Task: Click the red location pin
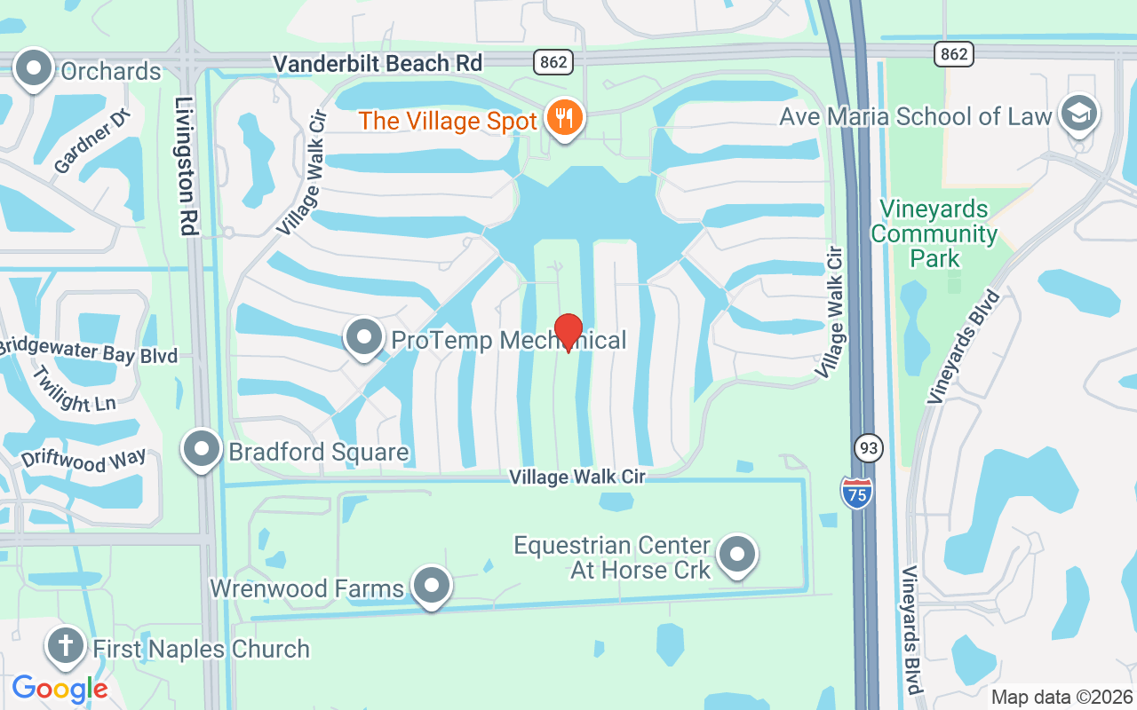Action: point(568,331)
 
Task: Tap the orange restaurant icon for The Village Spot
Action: point(563,117)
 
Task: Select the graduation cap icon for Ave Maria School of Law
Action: point(1079,114)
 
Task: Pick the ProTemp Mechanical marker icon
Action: point(363,338)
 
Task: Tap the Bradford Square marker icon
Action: point(202,450)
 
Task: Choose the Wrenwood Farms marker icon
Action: point(433,587)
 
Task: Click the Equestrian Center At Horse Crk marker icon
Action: point(736,555)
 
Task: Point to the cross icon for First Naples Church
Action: point(66,646)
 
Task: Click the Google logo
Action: point(60,688)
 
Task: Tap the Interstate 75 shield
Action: point(856,492)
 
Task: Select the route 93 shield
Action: point(869,448)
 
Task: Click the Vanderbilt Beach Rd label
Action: point(378,64)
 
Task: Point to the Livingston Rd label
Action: point(185,166)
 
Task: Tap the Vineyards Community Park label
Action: point(934,234)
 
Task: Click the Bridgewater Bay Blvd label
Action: point(89,351)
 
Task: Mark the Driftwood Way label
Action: point(83,461)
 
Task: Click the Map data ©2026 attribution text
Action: point(1061,697)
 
